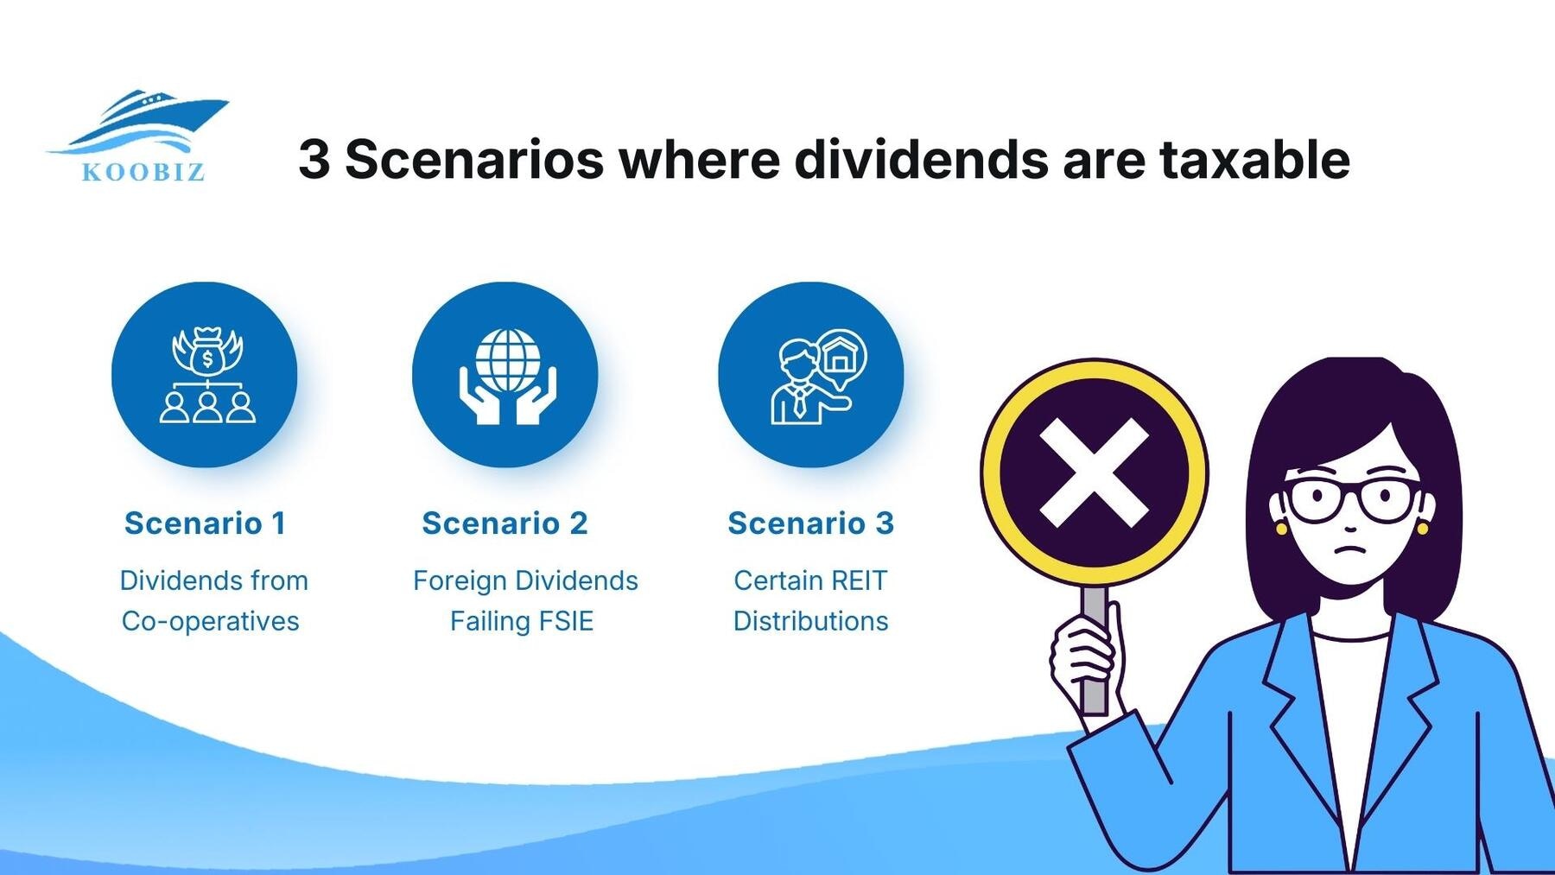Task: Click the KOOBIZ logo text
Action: point(143,172)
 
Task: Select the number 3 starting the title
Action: point(314,160)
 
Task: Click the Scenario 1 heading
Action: point(205,523)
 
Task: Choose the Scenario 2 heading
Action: point(505,523)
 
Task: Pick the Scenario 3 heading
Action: point(810,523)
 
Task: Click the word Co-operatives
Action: point(210,621)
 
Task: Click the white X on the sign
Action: point(1094,472)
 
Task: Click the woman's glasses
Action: point(1350,500)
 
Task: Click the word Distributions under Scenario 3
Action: point(810,621)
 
